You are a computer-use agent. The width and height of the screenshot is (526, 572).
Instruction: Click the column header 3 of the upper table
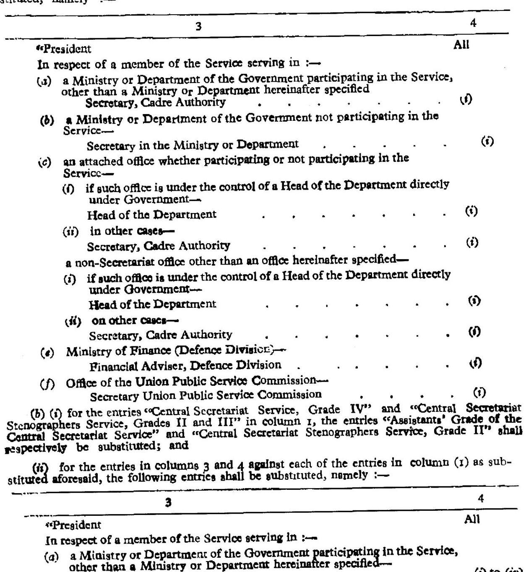198,27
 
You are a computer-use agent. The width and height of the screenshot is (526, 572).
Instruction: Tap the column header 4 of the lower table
481,499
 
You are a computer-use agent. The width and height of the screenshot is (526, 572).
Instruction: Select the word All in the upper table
461,45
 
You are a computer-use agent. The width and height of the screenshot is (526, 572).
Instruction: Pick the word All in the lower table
472,520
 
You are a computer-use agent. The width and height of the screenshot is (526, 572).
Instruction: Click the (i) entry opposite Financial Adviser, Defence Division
476,362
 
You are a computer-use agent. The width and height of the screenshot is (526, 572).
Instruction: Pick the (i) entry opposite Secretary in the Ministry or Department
487,142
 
